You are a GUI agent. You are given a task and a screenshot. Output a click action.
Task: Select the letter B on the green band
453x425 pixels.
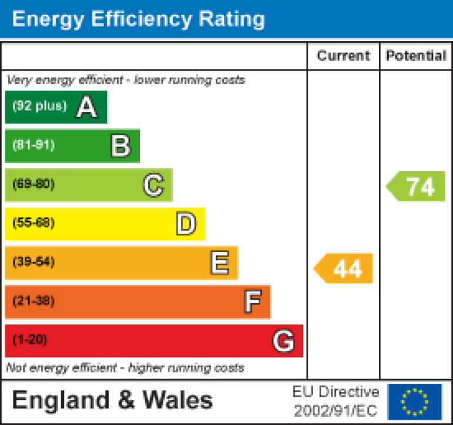click(x=120, y=146)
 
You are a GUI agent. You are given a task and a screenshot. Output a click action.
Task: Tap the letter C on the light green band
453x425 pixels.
click(x=153, y=185)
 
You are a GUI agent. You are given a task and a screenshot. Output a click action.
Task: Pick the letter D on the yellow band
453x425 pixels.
click(x=186, y=224)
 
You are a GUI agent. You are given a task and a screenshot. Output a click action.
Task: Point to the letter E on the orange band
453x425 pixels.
click(x=219, y=263)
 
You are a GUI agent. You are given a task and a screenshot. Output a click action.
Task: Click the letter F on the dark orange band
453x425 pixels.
click(x=252, y=302)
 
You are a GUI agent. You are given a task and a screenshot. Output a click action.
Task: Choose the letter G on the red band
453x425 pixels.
click(x=284, y=341)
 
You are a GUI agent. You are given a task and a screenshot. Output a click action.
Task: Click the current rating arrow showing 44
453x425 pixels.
click(x=344, y=268)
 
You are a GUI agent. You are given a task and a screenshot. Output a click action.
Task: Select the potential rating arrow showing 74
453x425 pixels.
click(x=417, y=187)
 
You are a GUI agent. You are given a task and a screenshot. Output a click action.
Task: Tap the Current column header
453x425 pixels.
click(x=344, y=56)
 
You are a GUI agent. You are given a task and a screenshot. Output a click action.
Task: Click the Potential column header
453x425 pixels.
click(x=416, y=56)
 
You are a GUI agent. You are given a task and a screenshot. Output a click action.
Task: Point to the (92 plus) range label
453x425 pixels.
click(x=39, y=107)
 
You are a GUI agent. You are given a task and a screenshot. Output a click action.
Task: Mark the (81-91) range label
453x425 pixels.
click(x=34, y=145)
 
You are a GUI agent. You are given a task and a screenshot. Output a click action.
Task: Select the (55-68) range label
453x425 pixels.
click(x=34, y=223)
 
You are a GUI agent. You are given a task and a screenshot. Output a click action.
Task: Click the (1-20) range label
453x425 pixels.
click(x=29, y=340)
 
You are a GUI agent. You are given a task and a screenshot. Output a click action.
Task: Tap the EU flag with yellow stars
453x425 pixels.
click(x=415, y=401)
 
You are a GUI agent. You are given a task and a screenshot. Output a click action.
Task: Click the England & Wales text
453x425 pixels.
click(x=112, y=400)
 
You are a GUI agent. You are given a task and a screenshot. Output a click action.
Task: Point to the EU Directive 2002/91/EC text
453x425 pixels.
click(x=336, y=401)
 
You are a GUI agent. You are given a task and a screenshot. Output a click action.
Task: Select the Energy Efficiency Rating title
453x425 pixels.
click(x=138, y=19)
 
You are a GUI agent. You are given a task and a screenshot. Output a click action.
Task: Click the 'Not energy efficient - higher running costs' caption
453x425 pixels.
click(x=125, y=368)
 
